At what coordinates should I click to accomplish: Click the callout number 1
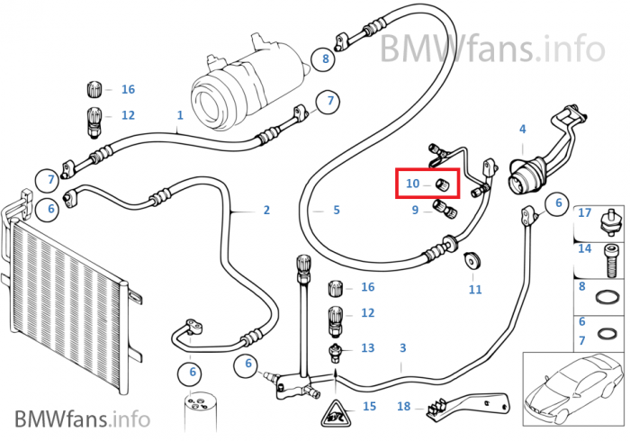[180, 115]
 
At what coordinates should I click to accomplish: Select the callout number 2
[266, 211]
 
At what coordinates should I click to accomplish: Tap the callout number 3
[402, 347]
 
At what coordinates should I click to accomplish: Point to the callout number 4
[522, 130]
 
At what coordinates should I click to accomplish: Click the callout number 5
[336, 211]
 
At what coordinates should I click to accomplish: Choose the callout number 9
[416, 211]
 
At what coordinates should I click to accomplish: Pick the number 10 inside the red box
[412, 184]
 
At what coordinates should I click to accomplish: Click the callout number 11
[475, 289]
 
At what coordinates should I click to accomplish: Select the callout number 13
[367, 347]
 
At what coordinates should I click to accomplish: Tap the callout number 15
[369, 407]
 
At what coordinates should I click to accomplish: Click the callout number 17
[585, 213]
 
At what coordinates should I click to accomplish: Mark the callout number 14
[585, 248]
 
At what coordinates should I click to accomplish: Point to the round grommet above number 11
[469, 261]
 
